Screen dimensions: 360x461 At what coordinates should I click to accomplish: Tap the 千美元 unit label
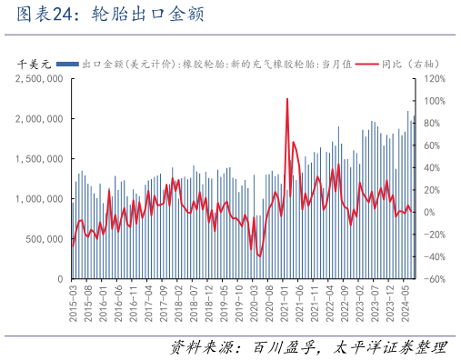(36, 65)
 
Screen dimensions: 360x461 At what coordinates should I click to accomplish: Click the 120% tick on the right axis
(432, 79)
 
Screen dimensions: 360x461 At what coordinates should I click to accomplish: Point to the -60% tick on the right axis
(433, 279)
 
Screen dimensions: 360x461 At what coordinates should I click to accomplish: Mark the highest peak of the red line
(287, 99)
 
